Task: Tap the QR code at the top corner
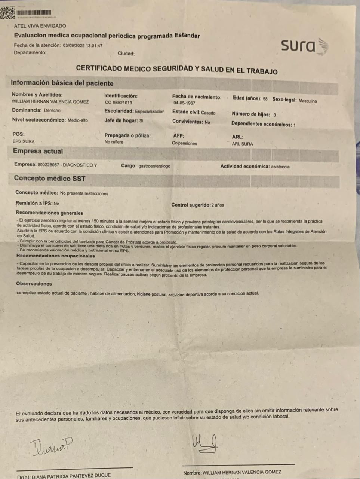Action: point(7,13)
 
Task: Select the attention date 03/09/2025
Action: point(74,46)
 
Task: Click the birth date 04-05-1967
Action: point(184,103)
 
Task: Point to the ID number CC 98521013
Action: point(118,103)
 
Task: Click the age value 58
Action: point(265,99)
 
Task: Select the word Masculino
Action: point(307,101)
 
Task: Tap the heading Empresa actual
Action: point(38,152)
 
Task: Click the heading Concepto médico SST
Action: point(50,179)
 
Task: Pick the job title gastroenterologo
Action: point(154,166)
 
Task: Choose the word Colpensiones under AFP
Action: point(184,143)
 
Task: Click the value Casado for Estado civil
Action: point(208,113)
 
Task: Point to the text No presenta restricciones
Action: point(84,193)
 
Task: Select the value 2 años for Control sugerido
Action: point(218,205)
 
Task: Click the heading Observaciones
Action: point(34,284)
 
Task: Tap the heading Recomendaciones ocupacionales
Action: point(55,256)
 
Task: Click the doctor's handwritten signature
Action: point(51,447)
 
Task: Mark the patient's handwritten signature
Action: point(204,443)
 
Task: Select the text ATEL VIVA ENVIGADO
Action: point(40,26)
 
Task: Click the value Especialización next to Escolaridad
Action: point(150,112)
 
